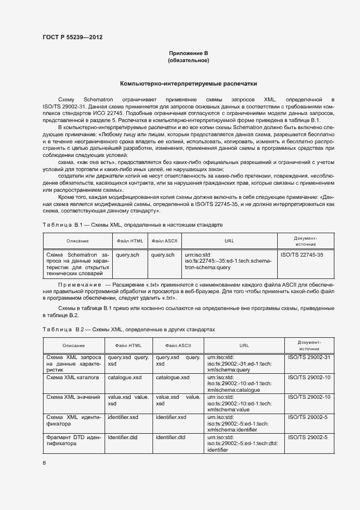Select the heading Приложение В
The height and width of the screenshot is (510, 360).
click(x=188, y=53)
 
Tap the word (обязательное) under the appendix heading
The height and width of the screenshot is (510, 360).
click(x=188, y=60)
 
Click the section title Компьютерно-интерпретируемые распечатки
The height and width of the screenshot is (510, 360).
click(x=188, y=84)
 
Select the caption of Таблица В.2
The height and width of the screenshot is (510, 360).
click(x=129, y=330)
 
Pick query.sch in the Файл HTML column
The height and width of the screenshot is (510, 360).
click(x=127, y=254)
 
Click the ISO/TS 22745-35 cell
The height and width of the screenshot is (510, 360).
click(x=302, y=254)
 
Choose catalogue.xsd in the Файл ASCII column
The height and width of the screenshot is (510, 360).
click(x=173, y=377)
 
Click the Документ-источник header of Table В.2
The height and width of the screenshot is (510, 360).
click(x=309, y=345)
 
